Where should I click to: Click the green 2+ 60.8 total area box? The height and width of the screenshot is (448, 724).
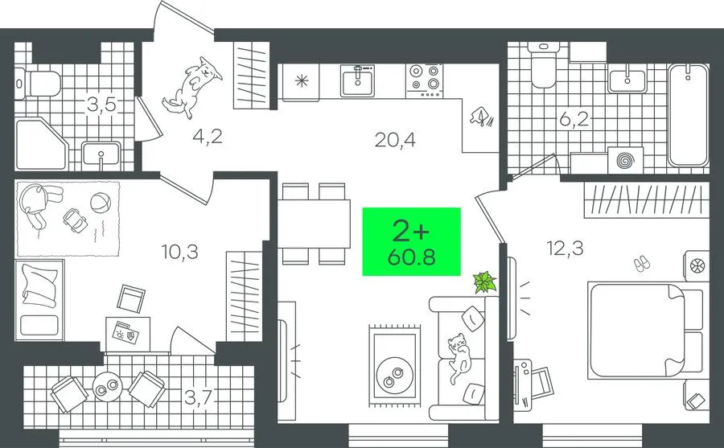point(411,241)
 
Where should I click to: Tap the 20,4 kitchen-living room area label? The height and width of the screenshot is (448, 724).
point(395,139)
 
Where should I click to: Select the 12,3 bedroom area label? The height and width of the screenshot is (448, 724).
point(566,249)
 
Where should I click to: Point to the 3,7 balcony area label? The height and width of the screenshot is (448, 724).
point(200,397)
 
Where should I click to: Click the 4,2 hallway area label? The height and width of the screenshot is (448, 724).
point(208,136)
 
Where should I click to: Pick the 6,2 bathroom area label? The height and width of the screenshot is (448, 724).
point(574,120)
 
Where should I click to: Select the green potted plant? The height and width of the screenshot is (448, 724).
point(484,282)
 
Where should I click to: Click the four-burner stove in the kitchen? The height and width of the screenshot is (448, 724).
point(425,80)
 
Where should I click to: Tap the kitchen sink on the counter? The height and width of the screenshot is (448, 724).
point(357,80)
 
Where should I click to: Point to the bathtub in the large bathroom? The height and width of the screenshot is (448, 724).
point(688,116)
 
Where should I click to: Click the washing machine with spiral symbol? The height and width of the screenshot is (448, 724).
point(625,160)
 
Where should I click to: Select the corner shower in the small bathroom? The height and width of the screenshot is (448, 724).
point(42,144)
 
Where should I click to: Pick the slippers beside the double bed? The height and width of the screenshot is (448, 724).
point(640,264)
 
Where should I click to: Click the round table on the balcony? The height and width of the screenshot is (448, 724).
point(107,385)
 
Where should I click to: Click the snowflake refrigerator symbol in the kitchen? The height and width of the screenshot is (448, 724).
point(301,82)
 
